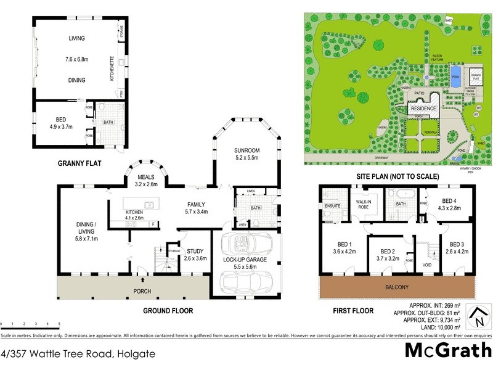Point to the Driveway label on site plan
pyautogui.click(x=367, y=158)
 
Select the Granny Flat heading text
pyautogui.click(x=78, y=163)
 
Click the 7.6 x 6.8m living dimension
pyautogui.click(x=76, y=59)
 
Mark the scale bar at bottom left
pyautogui.click(x=30, y=324)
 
